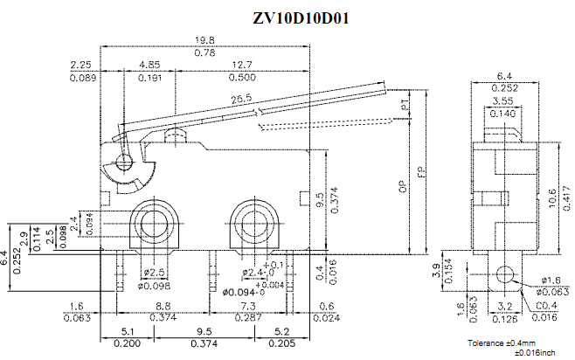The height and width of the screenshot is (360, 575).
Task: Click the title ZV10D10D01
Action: click(x=287, y=17)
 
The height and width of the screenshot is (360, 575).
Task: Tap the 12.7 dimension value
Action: click(x=242, y=65)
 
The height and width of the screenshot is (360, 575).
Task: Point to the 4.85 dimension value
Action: click(x=149, y=65)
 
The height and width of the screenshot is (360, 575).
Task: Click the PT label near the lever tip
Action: click(x=405, y=105)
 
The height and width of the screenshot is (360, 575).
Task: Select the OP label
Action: click(x=402, y=186)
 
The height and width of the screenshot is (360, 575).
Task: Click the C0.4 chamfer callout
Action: click(x=545, y=306)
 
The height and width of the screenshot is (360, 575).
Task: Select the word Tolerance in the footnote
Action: click(x=486, y=342)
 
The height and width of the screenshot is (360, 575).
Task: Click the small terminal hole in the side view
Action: click(x=502, y=275)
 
